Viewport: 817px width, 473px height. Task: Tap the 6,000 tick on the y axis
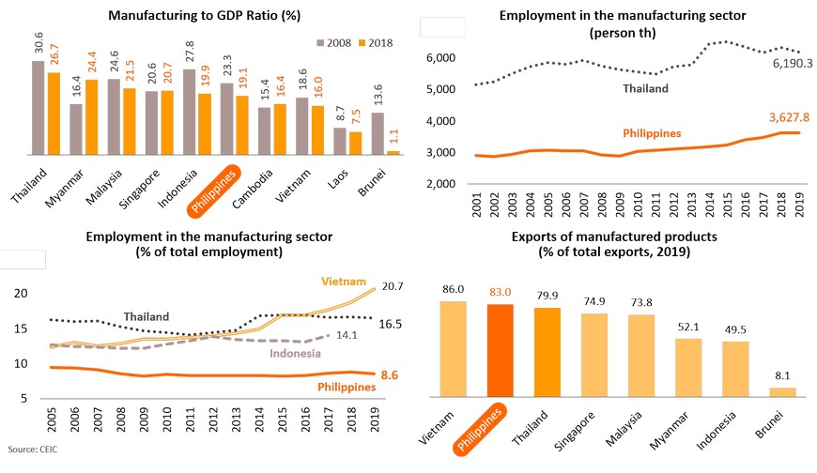point(440,58)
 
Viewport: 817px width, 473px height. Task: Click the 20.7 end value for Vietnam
point(394,285)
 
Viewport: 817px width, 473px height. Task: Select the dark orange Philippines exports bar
point(501,350)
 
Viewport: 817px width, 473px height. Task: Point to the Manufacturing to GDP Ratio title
point(192,16)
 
